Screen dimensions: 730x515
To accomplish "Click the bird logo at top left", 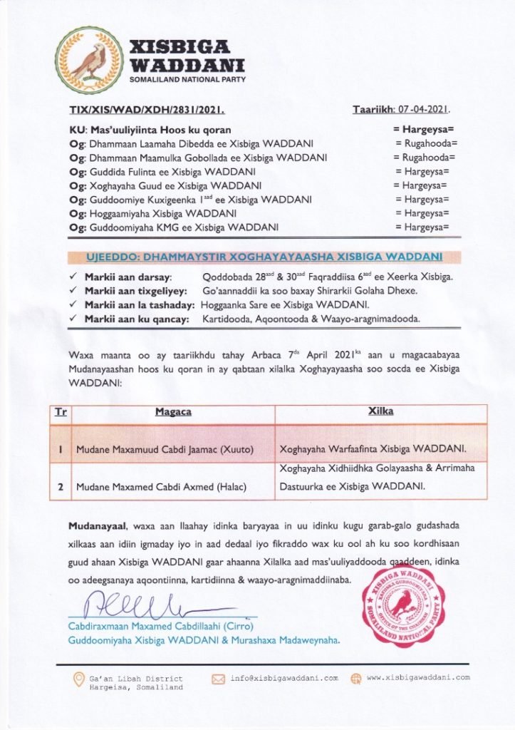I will [88, 60].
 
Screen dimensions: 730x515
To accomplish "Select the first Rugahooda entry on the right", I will [425, 143].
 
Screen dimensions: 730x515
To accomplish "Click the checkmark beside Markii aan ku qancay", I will [74, 319].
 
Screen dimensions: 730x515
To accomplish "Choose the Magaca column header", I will [173, 412].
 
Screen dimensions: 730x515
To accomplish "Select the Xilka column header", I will [380, 412].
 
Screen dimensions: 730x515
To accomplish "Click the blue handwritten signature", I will [142, 606].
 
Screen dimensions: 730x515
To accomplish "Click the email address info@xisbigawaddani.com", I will [284, 678].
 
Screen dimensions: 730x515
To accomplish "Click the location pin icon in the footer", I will [79, 681].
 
